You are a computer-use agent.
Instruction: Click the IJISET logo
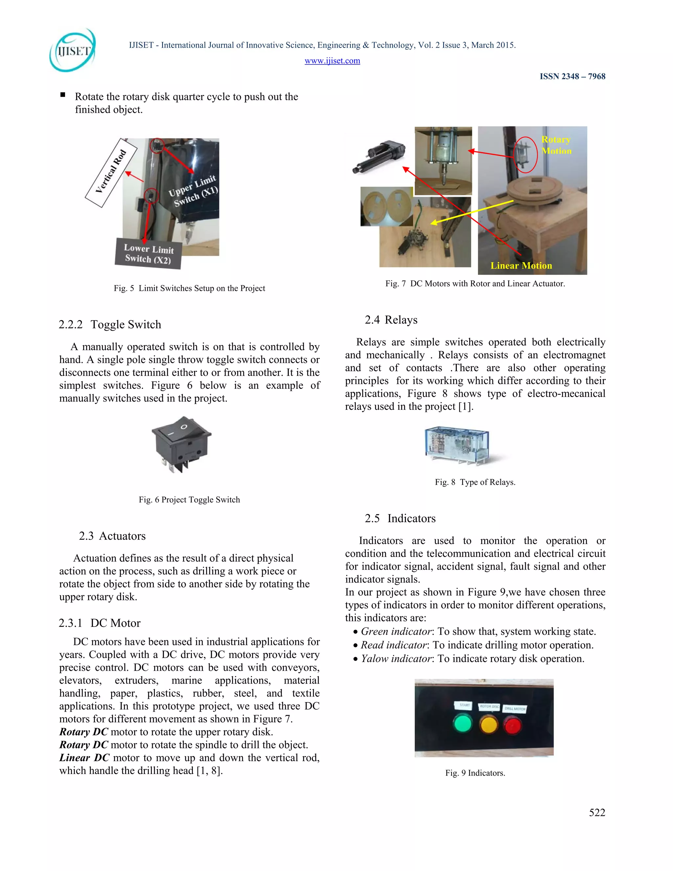point(73,51)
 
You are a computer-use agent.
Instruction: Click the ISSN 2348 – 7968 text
point(572,76)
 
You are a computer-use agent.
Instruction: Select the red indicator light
point(513,725)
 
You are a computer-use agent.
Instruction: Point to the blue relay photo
point(457,445)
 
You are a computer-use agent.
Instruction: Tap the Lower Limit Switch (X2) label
point(148,254)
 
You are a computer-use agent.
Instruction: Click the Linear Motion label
point(521,266)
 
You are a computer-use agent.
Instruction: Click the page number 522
point(597,812)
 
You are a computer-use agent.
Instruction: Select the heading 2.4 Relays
point(391,320)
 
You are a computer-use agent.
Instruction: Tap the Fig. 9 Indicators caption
point(475,773)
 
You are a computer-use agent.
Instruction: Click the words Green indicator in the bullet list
point(396,631)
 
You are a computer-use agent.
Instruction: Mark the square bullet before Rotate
point(62,95)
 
